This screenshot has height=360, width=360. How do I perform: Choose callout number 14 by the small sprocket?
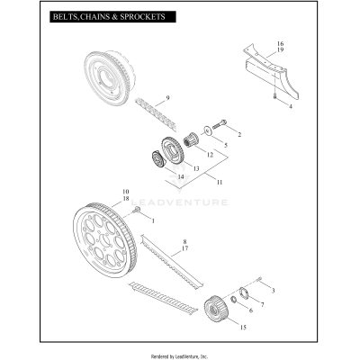click(x=181, y=176)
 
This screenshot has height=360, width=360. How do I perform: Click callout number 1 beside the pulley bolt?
click(x=152, y=220)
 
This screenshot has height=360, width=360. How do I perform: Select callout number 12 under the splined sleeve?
click(x=210, y=154)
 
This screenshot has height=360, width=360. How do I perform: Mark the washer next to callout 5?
click(x=208, y=132)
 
